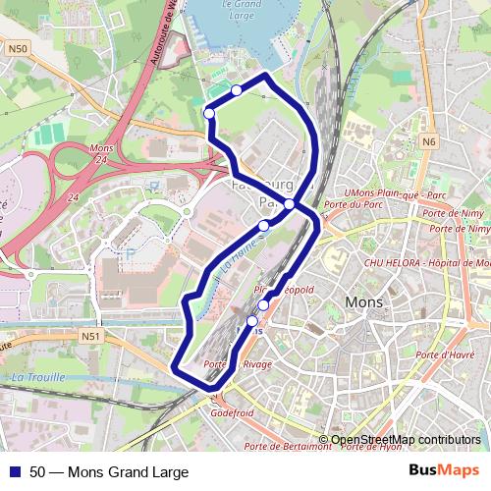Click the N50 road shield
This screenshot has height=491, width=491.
pyautogui.click(x=17, y=47)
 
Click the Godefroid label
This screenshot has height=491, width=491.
pyautogui.click(x=232, y=413)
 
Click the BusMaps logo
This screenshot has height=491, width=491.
pyautogui.click(x=445, y=470)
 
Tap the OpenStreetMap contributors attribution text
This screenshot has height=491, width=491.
pyautogui.click(x=406, y=440)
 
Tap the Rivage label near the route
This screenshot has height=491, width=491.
pyautogui.click(x=258, y=364)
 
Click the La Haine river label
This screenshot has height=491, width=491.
pyautogui.click(x=239, y=259)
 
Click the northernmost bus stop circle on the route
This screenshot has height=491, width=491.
pyautogui.click(x=237, y=90)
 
